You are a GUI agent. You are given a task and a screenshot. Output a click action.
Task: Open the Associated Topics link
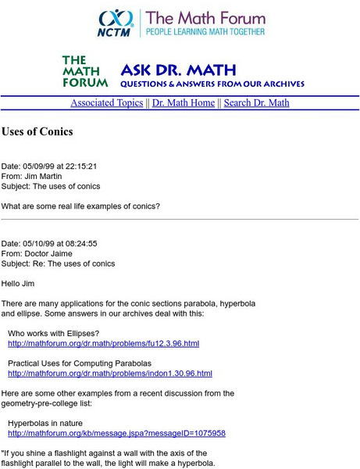tap(107, 103)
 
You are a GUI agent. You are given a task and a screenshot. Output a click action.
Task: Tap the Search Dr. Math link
tap(256, 103)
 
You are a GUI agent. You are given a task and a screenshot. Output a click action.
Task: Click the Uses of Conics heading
tap(37, 132)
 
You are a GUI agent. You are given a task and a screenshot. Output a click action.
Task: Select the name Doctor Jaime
tap(52, 253)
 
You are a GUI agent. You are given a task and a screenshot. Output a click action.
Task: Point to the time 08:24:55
tap(81, 243)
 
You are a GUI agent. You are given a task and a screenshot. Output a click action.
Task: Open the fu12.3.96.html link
tap(103, 343)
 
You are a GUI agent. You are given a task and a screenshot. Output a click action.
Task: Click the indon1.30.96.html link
tap(109, 374)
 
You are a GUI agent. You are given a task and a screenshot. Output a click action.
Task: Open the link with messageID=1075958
tap(116, 433)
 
